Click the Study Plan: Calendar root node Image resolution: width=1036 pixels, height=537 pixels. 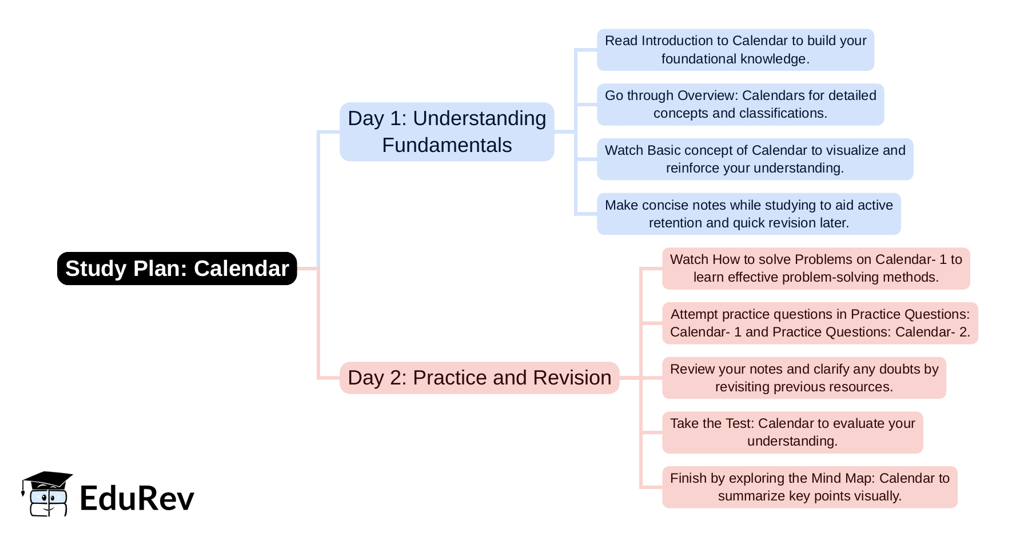pos(177,268)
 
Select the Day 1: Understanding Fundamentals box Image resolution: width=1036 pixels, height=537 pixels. pos(447,132)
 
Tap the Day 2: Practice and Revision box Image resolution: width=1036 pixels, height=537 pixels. pos(480,378)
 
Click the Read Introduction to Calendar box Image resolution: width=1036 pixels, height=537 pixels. pos(736,50)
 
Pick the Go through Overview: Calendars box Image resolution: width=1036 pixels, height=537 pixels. pos(740,105)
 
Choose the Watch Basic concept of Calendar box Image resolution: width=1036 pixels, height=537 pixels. pos(755,159)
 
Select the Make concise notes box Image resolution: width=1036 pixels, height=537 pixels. pos(749,214)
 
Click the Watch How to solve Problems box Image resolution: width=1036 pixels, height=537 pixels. pos(816,268)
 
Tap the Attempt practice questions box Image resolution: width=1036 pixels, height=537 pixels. pos(820,323)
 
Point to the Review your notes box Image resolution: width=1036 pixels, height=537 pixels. pos(804,378)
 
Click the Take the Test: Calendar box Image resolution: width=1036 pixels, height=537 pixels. pos(793,432)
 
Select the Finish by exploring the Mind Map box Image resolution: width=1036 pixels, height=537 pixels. pos(810,487)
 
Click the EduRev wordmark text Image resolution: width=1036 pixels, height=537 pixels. pos(137,498)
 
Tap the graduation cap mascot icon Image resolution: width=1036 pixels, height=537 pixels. pos(47,494)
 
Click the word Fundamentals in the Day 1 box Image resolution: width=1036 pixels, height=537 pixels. pos(447,145)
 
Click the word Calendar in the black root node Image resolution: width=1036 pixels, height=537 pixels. pos(241,268)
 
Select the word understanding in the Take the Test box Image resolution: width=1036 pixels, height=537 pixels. pos(792,441)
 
